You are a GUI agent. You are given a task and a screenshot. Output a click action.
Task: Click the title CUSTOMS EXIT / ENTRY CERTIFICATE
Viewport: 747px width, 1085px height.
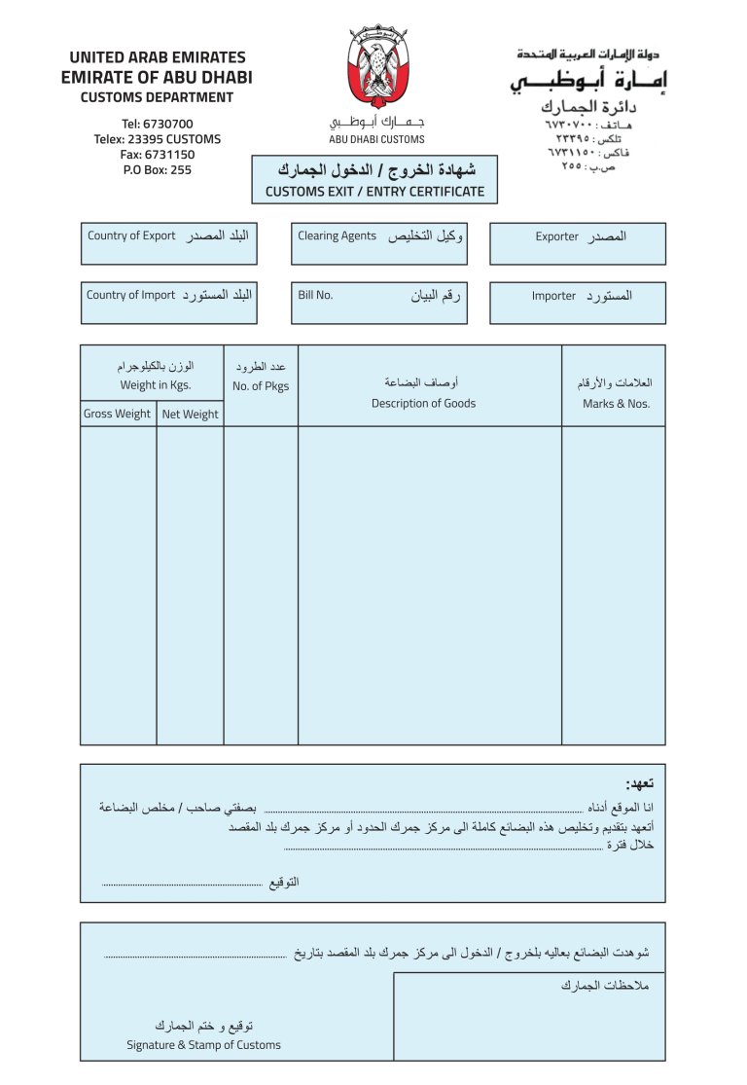point(374,192)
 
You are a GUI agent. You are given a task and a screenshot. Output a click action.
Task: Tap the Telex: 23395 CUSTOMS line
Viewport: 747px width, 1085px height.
point(158,139)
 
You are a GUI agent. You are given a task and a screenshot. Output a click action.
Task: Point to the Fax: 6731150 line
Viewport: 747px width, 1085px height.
point(158,155)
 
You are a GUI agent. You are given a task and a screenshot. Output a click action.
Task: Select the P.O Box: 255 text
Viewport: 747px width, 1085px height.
point(158,170)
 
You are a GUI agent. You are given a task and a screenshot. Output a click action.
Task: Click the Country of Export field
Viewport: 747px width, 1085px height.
point(170,243)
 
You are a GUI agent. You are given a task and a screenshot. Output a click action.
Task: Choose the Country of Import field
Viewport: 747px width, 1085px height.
point(170,303)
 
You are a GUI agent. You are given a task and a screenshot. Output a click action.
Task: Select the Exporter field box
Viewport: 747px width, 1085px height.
point(578,243)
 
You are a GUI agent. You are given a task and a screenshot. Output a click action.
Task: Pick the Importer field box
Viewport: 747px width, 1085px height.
point(578,303)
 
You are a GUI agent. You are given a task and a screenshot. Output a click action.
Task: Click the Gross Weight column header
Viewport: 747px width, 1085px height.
point(118,415)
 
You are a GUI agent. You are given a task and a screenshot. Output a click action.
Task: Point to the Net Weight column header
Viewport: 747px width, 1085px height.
point(190,415)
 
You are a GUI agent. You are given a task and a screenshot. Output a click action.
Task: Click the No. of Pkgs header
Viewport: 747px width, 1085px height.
point(261,386)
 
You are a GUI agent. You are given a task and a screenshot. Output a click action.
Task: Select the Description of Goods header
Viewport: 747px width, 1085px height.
point(423,404)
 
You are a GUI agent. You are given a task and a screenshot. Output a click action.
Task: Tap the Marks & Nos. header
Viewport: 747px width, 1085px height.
point(616,404)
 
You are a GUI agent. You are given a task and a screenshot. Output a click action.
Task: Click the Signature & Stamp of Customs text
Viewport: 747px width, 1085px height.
point(203,1045)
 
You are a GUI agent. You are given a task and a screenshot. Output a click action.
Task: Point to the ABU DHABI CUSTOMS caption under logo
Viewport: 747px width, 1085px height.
point(376,140)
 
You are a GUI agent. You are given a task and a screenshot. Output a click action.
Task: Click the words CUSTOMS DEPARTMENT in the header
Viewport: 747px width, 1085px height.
point(157,97)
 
